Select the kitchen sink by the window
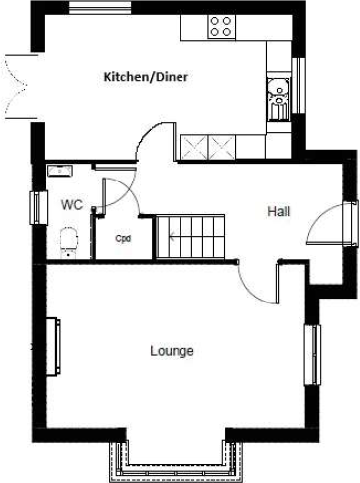280,100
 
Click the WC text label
71,205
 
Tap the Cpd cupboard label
123,239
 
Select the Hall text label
279,211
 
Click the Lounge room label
172,351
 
